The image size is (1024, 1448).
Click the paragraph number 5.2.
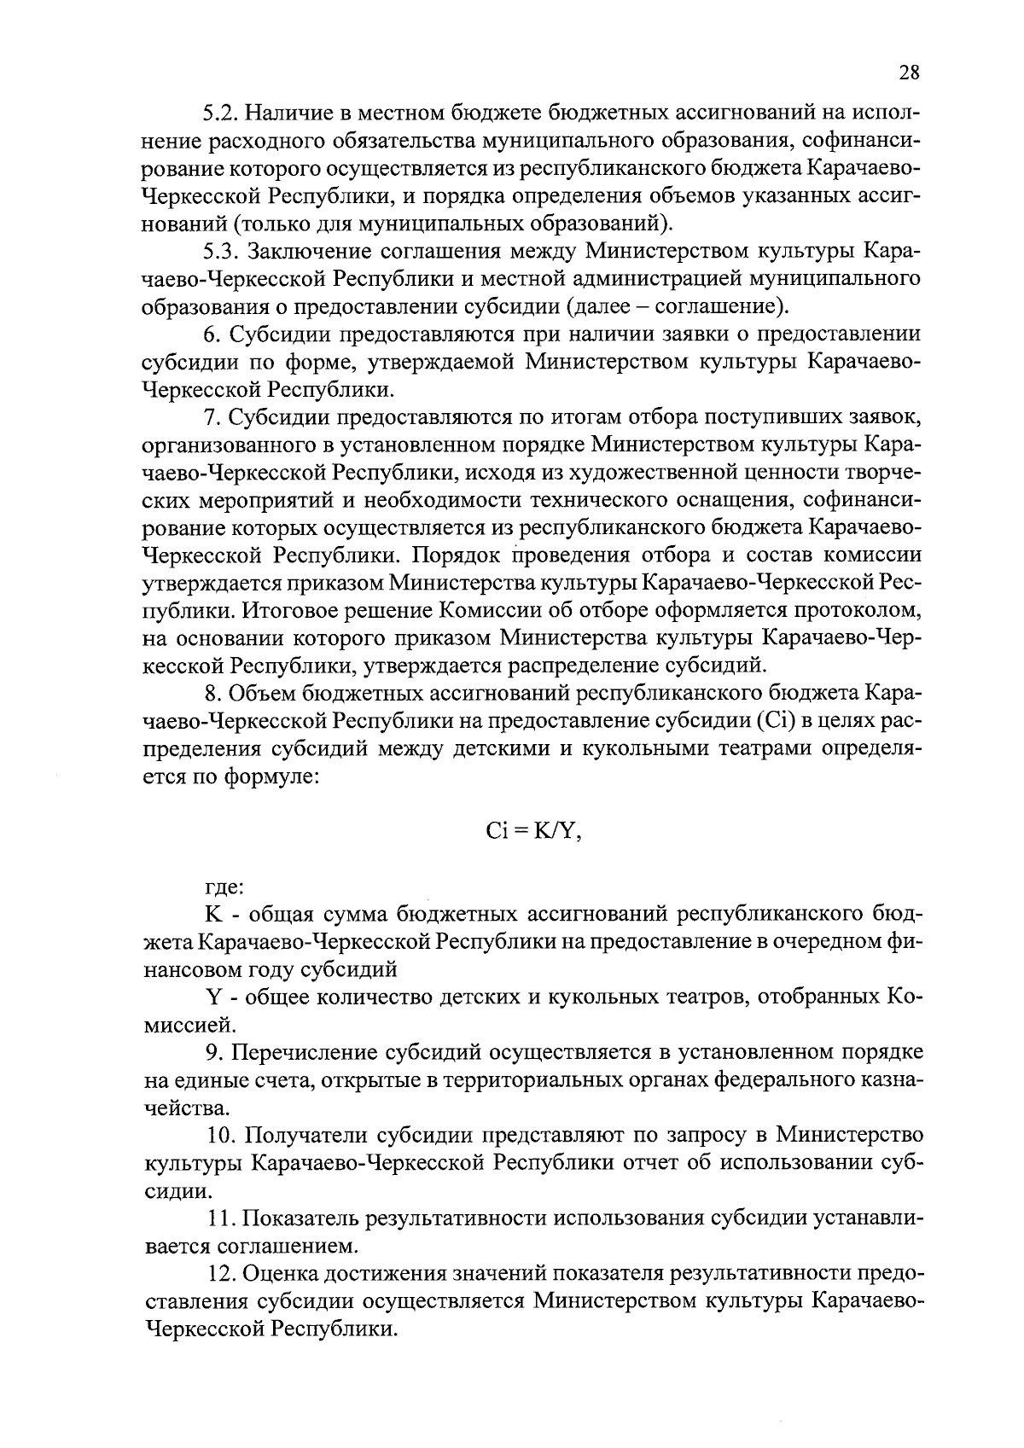click(x=221, y=113)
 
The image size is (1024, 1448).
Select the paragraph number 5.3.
click(x=221, y=252)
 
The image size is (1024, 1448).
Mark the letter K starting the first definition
click(x=213, y=915)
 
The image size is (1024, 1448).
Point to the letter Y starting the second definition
click(x=213, y=997)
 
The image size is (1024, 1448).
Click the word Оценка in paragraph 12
click(x=281, y=1274)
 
